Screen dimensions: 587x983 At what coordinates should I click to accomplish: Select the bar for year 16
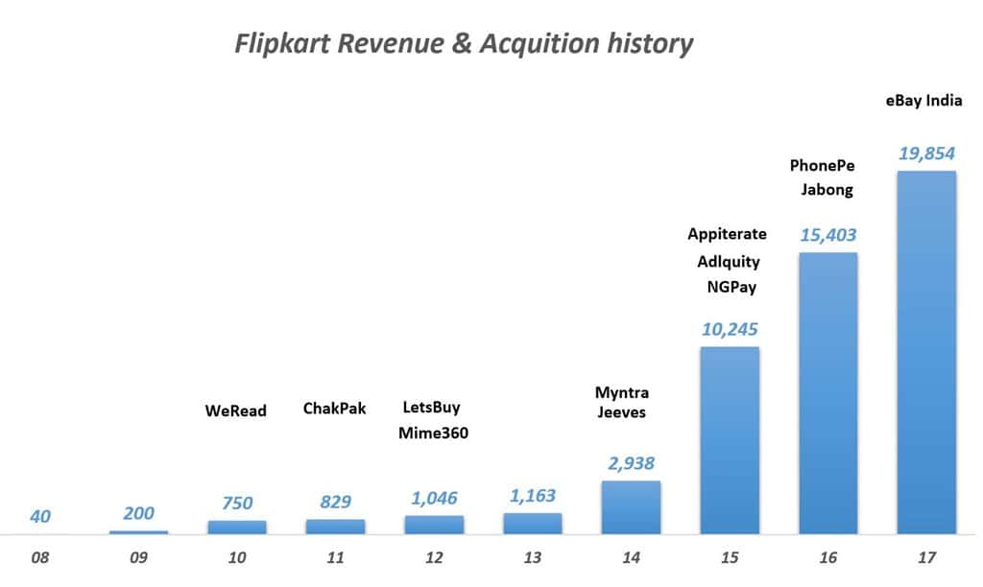[x=827, y=393]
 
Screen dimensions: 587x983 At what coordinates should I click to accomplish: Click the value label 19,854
[x=926, y=153]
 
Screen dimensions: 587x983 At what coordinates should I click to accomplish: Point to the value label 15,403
[x=827, y=235]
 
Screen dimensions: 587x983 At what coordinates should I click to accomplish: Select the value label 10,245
[x=730, y=329]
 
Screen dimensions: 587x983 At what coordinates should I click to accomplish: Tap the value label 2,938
[x=631, y=463]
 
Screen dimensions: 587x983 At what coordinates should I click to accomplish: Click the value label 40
[x=41, y=516]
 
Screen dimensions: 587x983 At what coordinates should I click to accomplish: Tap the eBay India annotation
[x=923, y=100]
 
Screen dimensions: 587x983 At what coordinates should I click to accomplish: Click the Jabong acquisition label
[x=827, y=189]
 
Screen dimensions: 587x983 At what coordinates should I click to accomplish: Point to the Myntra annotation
[x=622, y=392]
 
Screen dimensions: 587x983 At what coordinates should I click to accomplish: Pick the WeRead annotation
[x=235, y=411]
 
